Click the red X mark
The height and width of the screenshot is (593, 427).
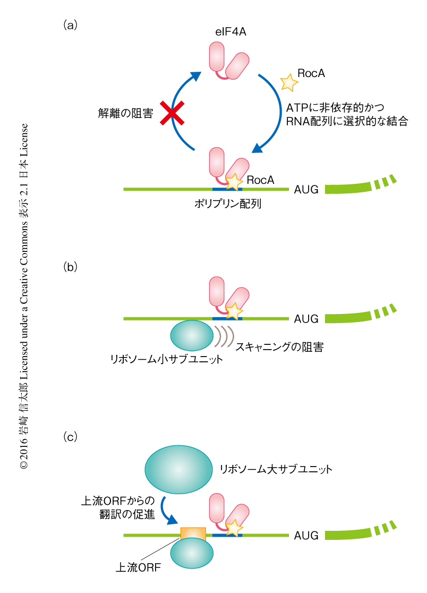[x=173, y=113]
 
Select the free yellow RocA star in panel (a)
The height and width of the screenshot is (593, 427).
[x=288, y=82]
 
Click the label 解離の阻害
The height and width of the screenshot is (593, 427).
[x=126, y=113]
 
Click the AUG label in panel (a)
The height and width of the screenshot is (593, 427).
[x=306, y=189]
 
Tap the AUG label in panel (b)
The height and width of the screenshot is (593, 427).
[x=306, y=319]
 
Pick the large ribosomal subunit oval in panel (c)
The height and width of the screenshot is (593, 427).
[x=178, y=469]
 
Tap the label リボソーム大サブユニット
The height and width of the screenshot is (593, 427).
[x=276, y=469]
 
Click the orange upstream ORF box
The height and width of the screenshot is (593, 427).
[x=193, y=533]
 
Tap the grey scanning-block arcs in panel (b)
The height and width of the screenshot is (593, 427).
[x=224, y=335]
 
